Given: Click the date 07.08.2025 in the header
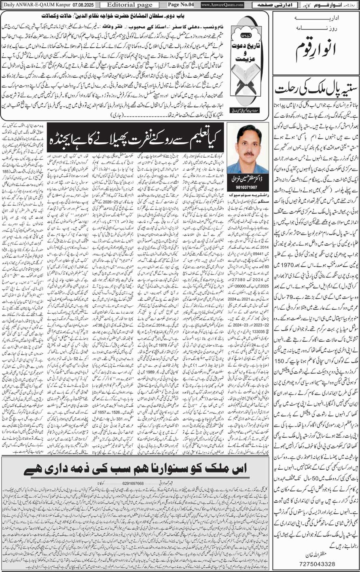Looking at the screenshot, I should click(x=80, y=4).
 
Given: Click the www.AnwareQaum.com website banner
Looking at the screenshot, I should click(x=222, y=4).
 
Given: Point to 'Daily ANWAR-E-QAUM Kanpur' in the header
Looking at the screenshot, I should click(x=36, y=4).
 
